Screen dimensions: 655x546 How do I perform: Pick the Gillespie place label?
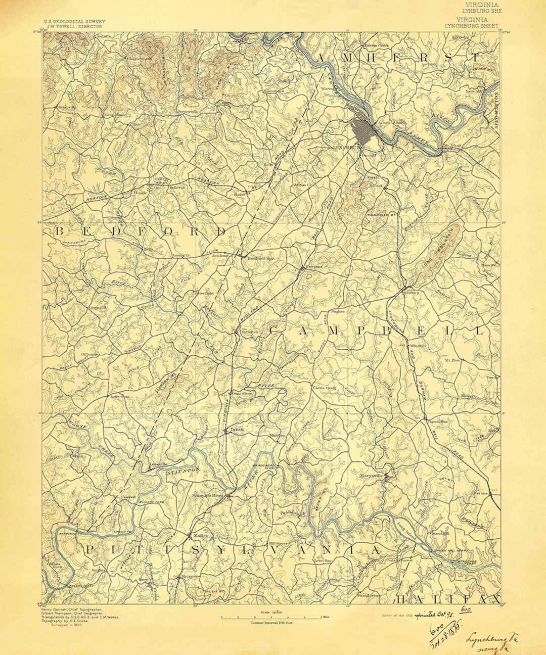[x=89, y=354]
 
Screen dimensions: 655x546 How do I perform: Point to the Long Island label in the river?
[x=407, y=534]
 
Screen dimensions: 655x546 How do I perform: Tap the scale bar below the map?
[x=275, y=618]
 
